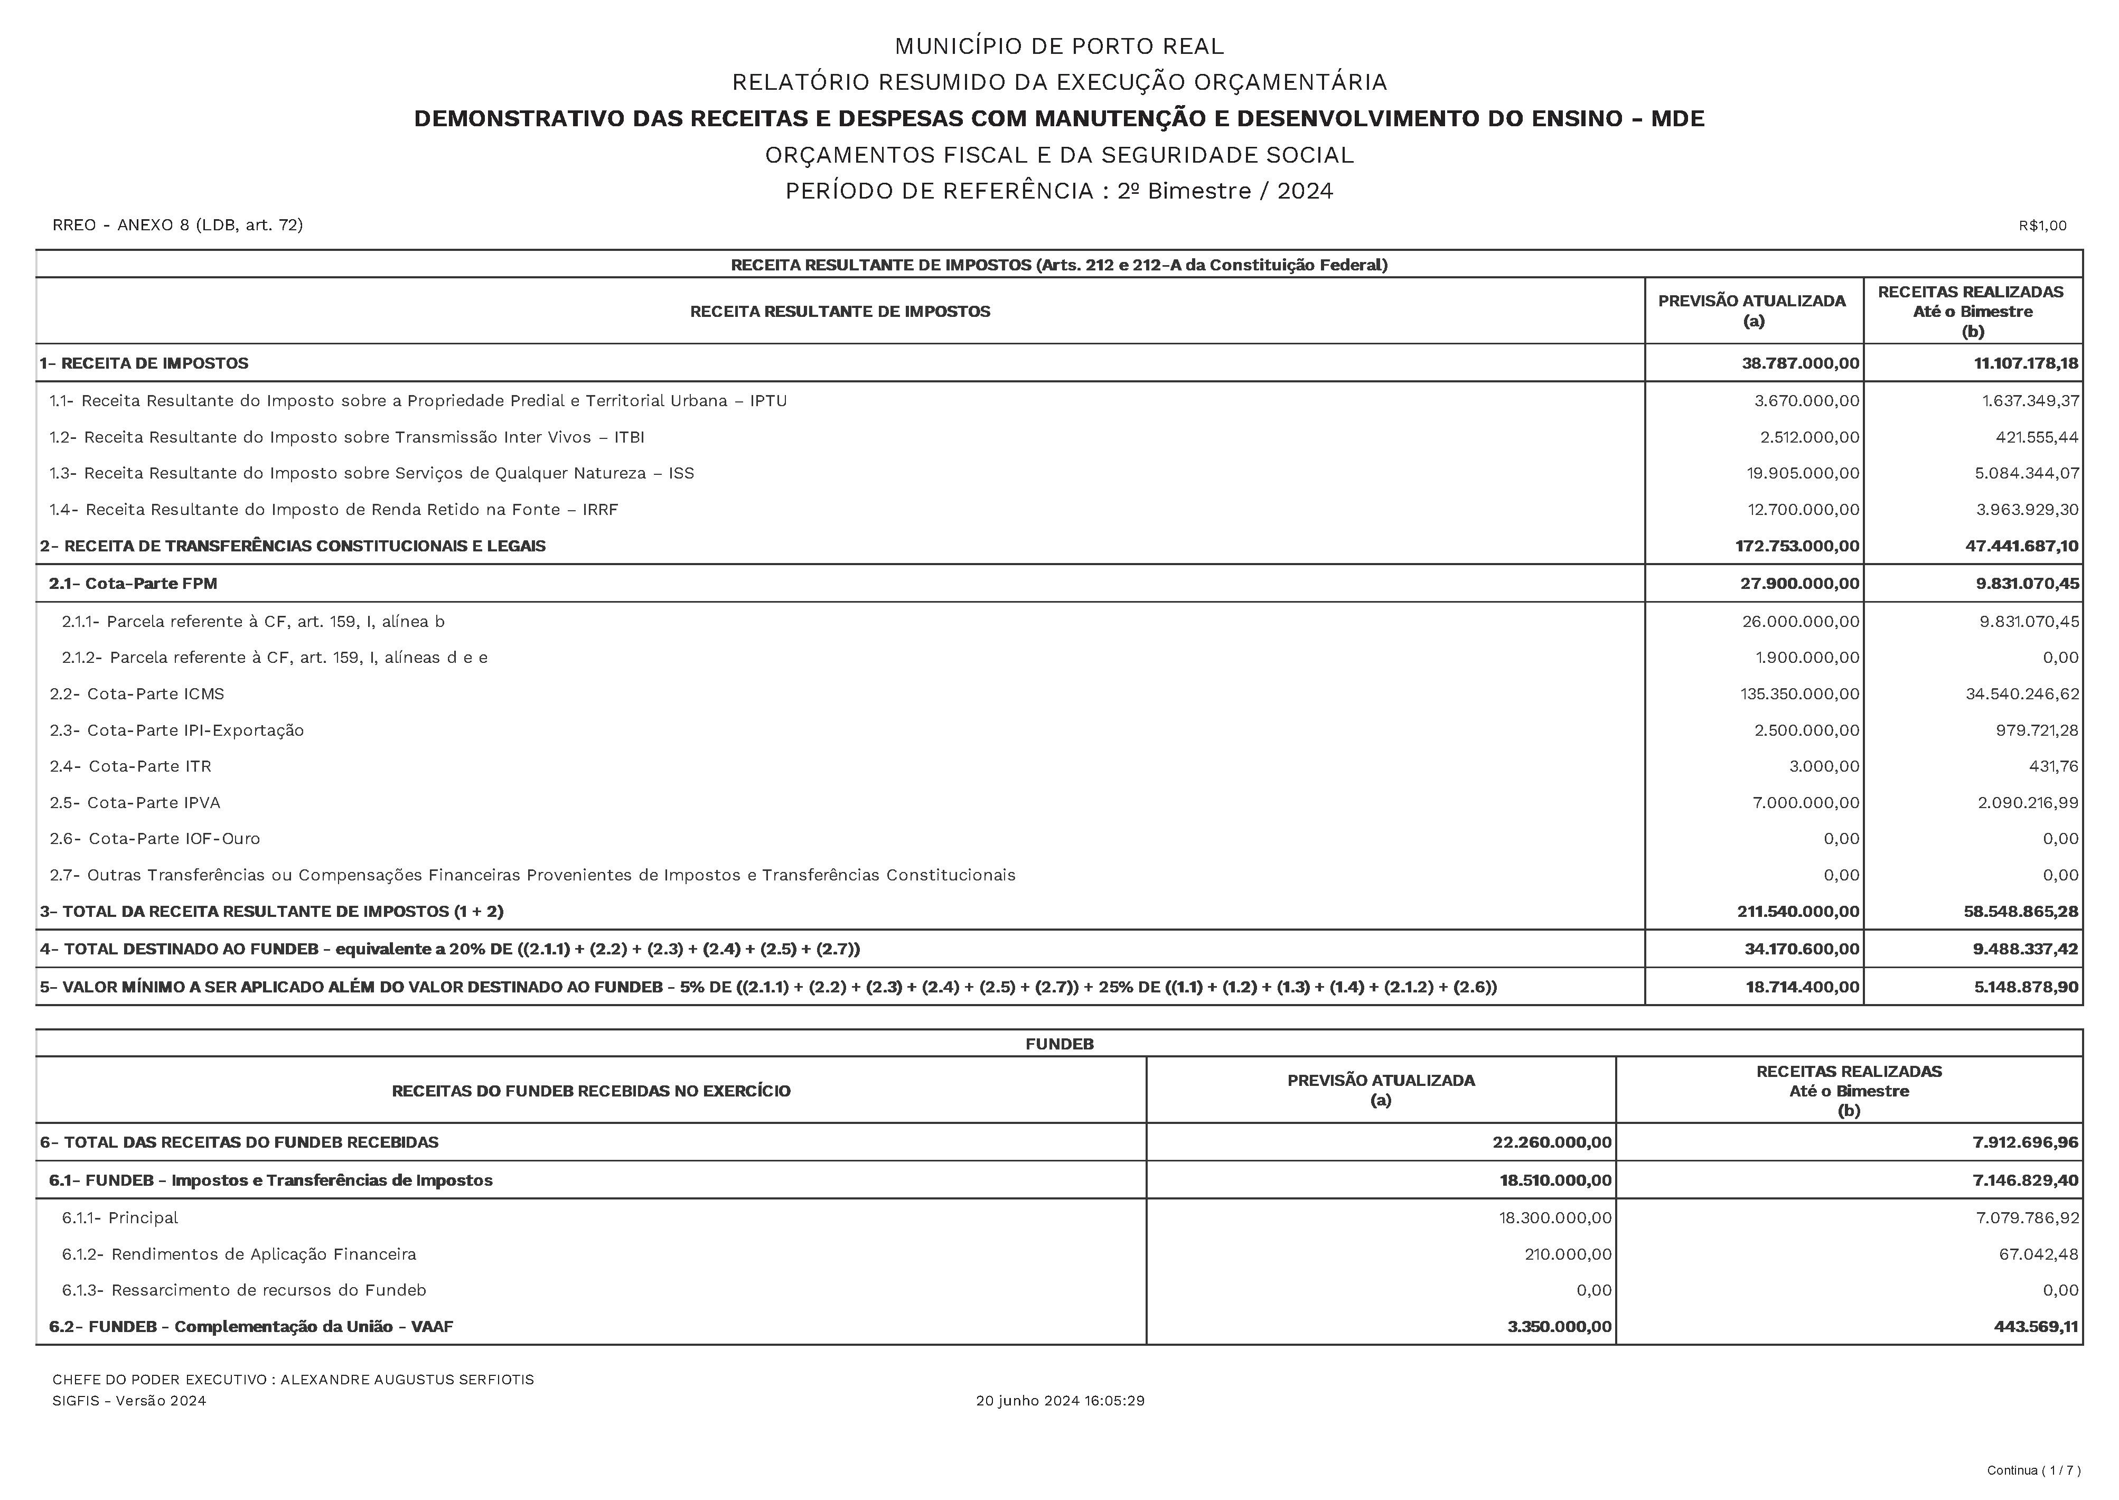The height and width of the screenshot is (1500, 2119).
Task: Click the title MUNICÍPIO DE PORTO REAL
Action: click(1058, 46)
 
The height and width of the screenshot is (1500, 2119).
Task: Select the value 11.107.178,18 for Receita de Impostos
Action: click(2026, 363)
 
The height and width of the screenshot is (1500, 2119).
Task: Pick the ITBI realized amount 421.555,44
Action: click(2037, 437)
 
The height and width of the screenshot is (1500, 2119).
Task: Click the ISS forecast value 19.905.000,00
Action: click(1802, 473)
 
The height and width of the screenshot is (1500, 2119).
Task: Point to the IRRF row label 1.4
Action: click(333, 510)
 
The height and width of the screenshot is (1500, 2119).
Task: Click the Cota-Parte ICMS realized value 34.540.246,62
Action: click(2022, 693)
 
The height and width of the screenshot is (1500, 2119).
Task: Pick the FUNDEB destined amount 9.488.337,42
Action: click(2025, 949)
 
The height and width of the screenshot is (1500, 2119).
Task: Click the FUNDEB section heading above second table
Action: click(1058, 1044)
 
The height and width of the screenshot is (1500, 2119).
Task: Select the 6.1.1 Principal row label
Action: click(120, 1217)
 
